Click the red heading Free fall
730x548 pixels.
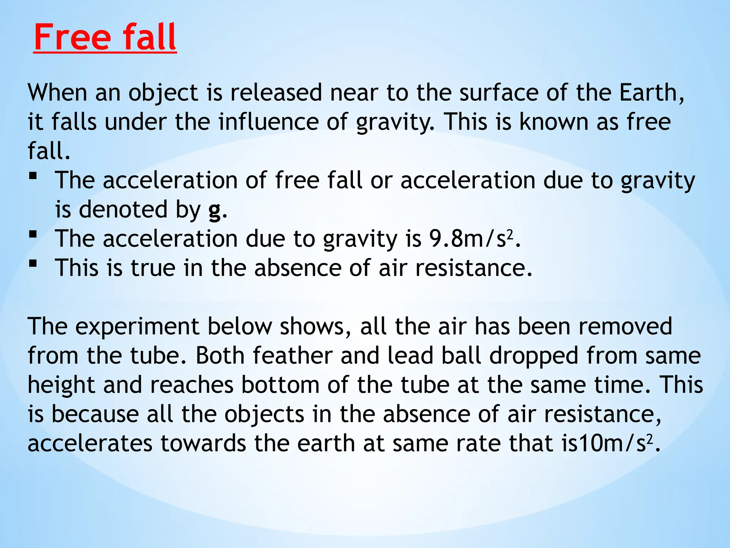pyautogui.click(x=105, y=37)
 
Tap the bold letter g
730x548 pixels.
pyautogui.click(x=214, y=210)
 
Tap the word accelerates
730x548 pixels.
pyautogui.click(x=90, y=443)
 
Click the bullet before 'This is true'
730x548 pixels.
pyautogui.click(x=33, y=263)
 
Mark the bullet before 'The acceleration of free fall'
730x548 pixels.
pyautogui.click(x=33, y=176)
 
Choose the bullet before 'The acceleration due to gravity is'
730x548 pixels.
pyautogui.click(x=33, y=234)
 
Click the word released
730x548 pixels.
pyautogui.click(x=276, y=93)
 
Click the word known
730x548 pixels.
pyautogui.click(x=554, y=122)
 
